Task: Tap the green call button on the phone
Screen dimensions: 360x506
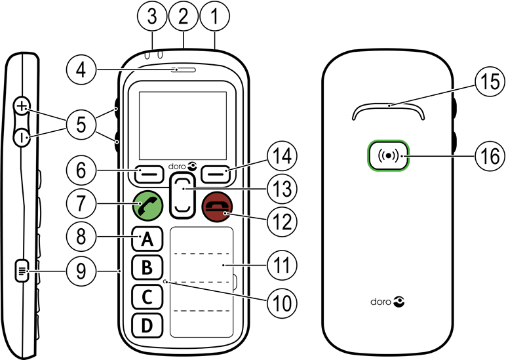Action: pyautogui.click(x=148, y=206)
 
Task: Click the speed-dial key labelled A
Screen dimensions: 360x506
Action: pyautogui.click(x=149, y=240)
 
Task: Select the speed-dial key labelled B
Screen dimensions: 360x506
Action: pyautogui.click(x=148, y=268)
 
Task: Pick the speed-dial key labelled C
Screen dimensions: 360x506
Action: pyautogui.click(x=148, y=297)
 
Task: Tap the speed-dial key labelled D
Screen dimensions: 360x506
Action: pyautogui.click(x=148, y=325)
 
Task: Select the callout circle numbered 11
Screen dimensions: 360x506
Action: pyautogui.click(x=281, y=265)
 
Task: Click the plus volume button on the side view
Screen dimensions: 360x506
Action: pyautogui.click(x=24, y=106)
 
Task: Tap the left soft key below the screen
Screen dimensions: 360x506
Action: pyautogui.click(x=149, y=173)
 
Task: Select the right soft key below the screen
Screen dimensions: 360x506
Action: pyautogui.click(x=214, y=173)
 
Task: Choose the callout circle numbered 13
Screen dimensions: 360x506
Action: pyautogui.click(x=281, y=189)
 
